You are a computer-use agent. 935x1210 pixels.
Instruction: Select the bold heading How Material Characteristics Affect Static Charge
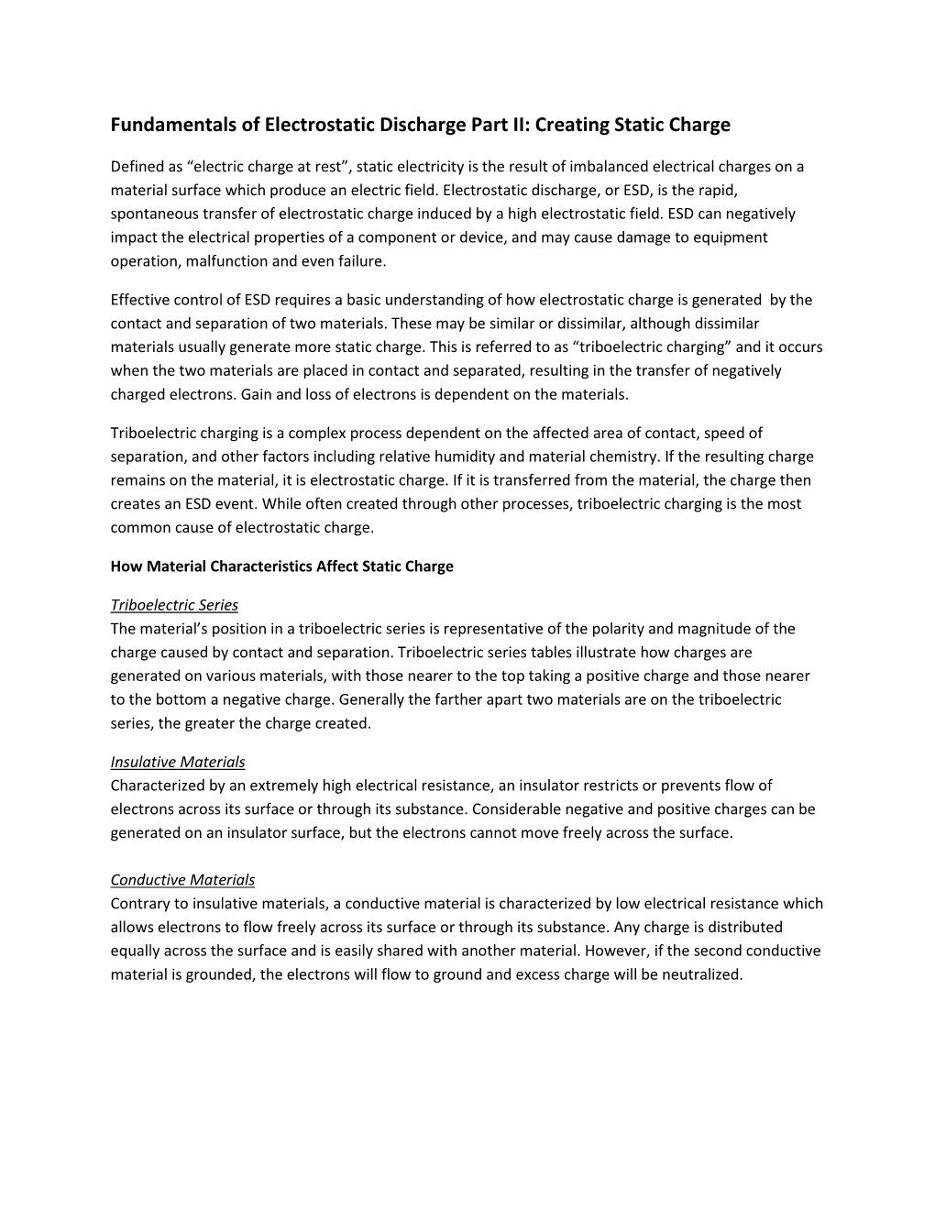coord(281,566)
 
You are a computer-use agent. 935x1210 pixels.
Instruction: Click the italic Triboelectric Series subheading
coord(174,605)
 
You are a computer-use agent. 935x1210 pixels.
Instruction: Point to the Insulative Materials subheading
coord(178,762)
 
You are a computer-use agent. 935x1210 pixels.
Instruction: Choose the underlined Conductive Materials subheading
coord(182,880)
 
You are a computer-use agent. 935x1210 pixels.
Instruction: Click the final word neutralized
coord(700,974)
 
